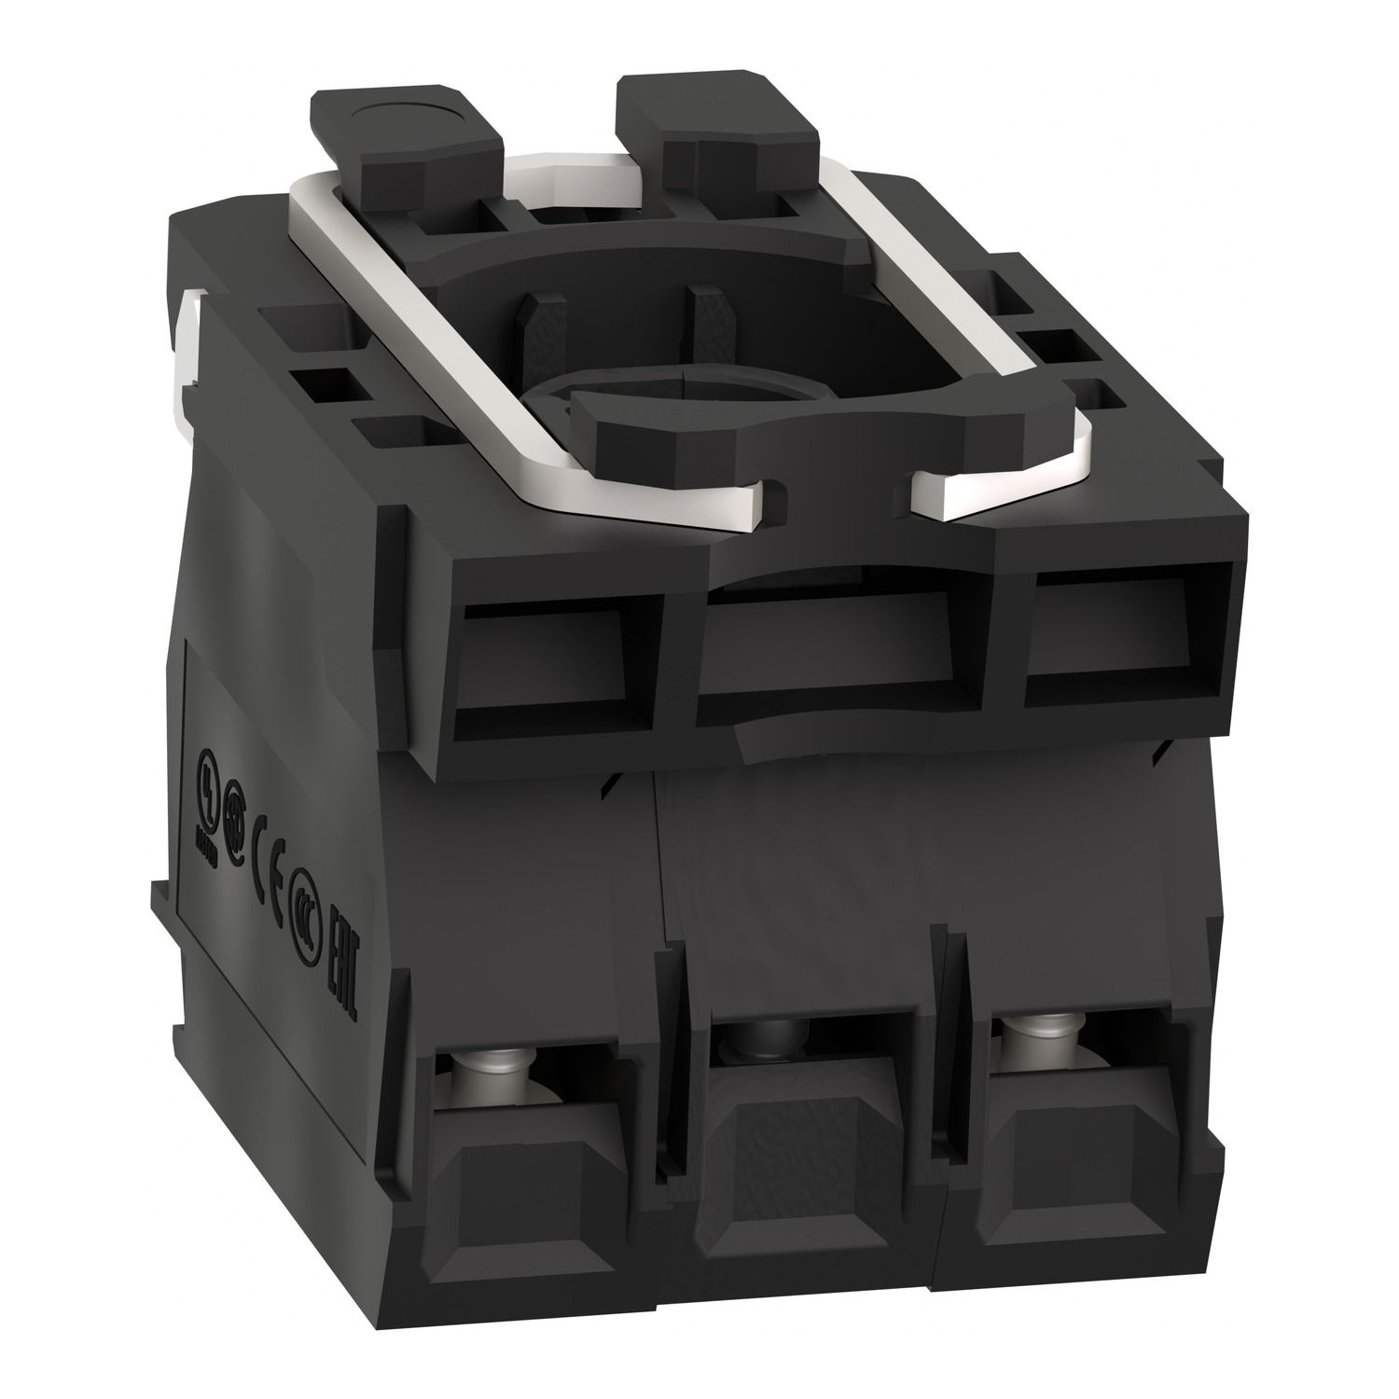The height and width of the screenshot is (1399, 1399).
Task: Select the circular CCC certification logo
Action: pyautogui.click(x=303, y=889)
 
